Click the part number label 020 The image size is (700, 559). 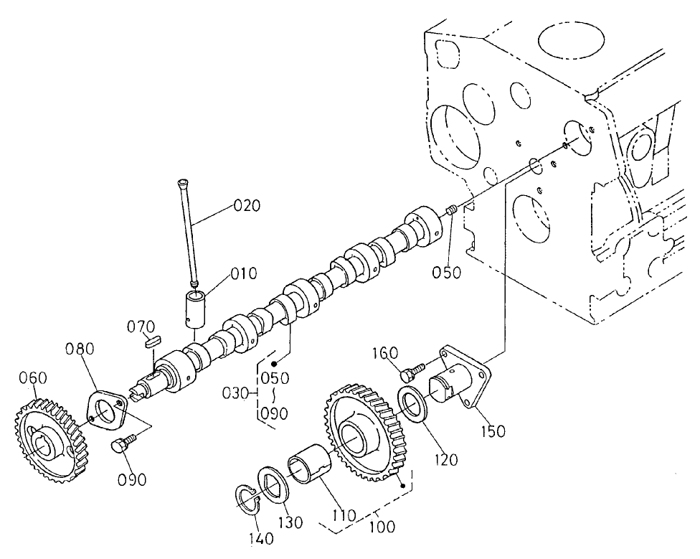click(247, 206)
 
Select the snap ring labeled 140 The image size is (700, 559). click(248, 500)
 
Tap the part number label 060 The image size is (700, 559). click(34, 377)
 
